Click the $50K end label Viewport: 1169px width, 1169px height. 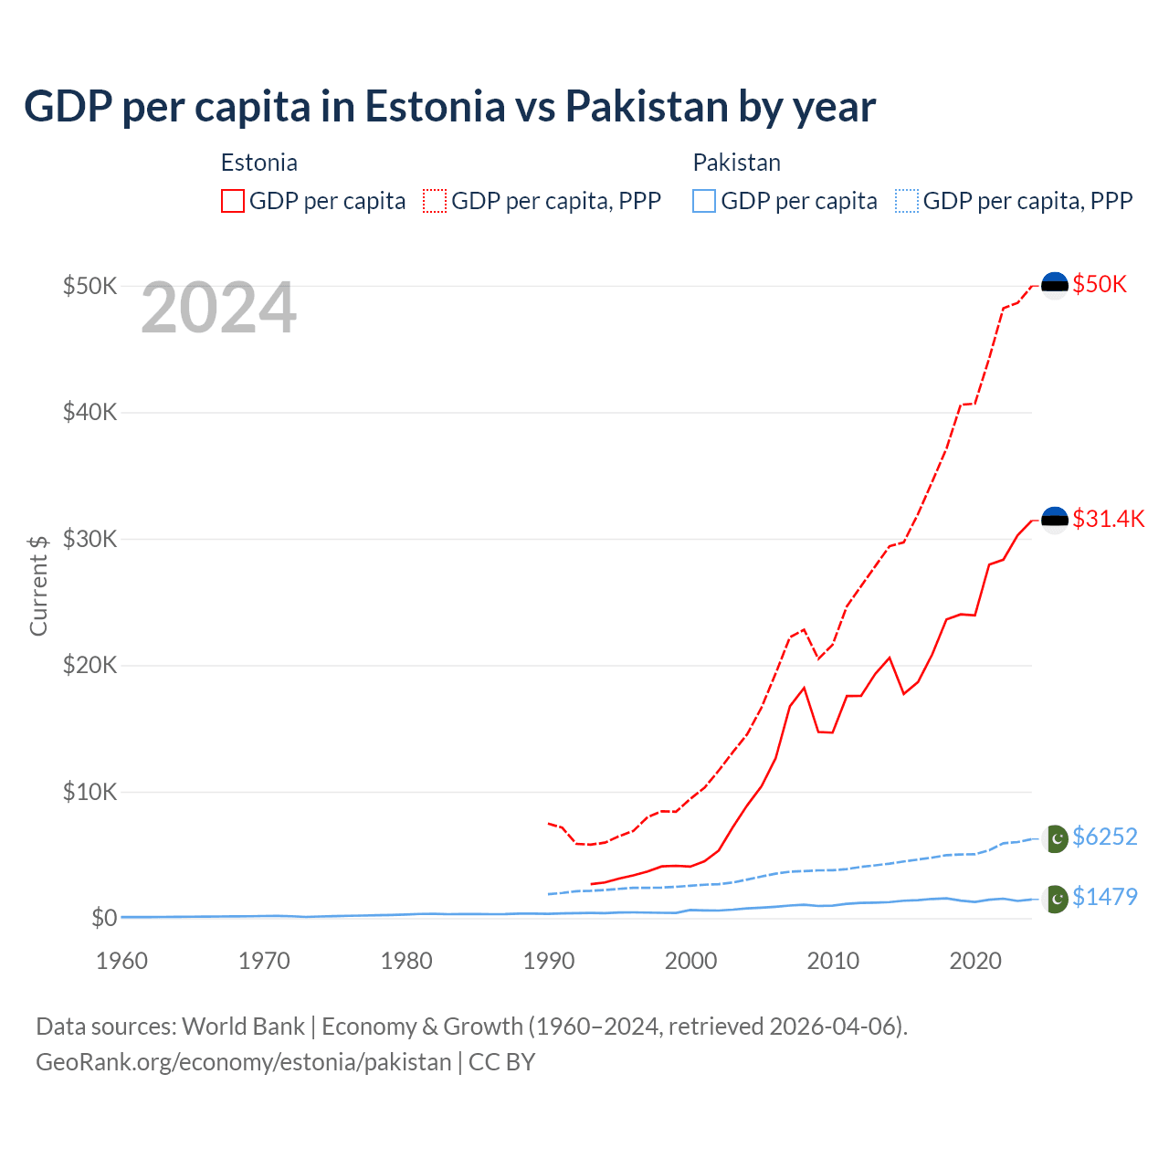click(x=1100, y=284)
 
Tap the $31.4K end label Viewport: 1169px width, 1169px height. click(x=1108, y=519)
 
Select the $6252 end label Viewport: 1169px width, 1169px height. click(x=1104, y=837)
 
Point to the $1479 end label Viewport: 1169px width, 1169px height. click(x=1104, y=897)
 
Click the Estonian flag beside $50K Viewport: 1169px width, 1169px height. click(x=1055, y=285)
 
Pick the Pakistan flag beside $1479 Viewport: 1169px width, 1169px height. click(x=1055, y=899)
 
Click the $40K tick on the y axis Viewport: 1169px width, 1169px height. click(x=90, y=412)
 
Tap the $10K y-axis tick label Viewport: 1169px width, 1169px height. click(x=90, y=792)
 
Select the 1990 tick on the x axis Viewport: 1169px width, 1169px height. click(x=549, y=961)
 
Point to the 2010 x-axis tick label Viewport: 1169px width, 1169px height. click(x=833, y=961)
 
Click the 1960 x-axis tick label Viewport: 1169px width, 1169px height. click(x=121, y=961)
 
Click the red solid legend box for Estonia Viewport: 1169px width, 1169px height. click(x=233, y=201)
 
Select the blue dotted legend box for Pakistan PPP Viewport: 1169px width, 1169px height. click(x=907, y=201)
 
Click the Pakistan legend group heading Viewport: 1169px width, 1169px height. click(x=736, y=163)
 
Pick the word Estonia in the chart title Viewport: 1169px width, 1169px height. click(x=435, y=106)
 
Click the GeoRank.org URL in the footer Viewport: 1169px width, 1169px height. click(x=243, y=1062)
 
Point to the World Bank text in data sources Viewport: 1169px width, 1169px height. click(x=243, y=1027)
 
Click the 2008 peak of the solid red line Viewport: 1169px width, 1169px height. click(x=804, y=688)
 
